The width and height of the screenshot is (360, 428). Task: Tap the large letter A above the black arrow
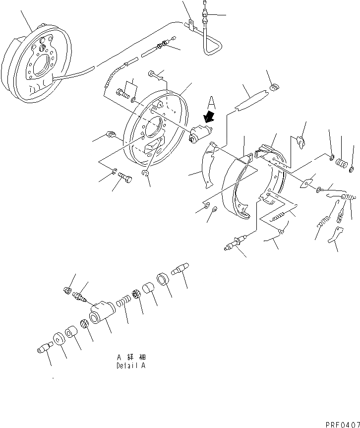[212, 102]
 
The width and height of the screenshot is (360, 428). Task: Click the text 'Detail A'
[131, 367]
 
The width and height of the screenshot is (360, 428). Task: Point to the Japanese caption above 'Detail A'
[131, 357]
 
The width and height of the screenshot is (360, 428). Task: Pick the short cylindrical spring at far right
[341, 164]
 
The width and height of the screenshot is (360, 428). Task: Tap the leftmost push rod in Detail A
[44, 348]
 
